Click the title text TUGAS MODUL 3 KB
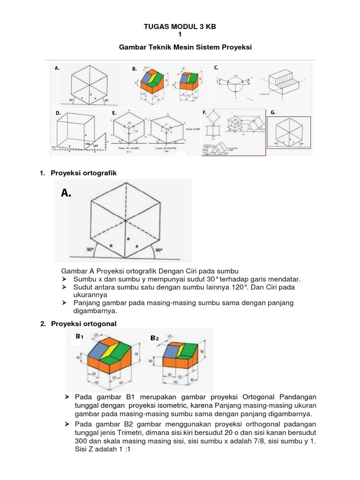pyautogui.click(x=180, y=27)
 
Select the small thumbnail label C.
pyautogui.click(x=216, y=67)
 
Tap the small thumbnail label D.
pyautogui.click(x=58, y=113)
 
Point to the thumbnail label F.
pyautogui.click(x=204, y=113)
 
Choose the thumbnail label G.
pyautogui.click(x=273, y=112)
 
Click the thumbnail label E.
pyautogui.click(x=114, y=113)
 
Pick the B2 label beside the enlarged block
pyautogui.click(x=155, y=338)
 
